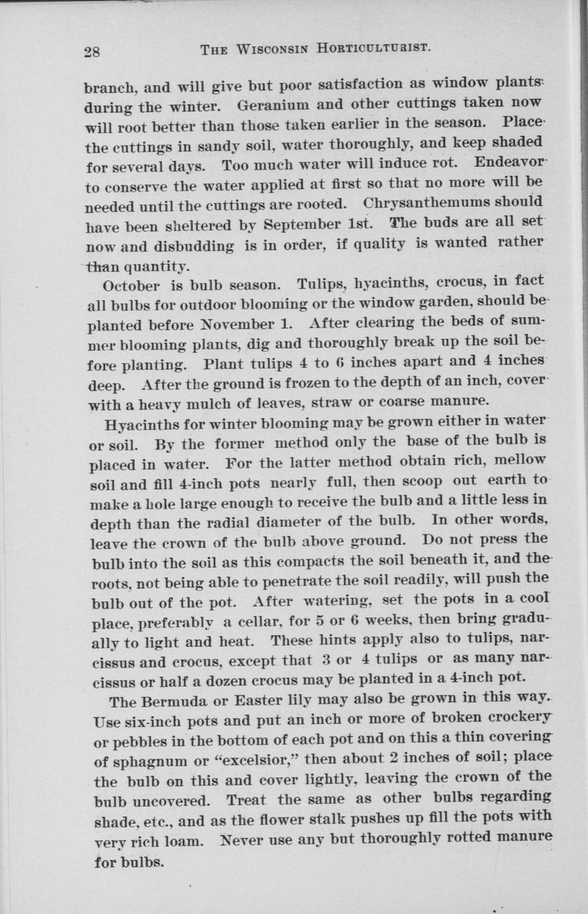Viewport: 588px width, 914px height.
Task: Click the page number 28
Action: (92, 52)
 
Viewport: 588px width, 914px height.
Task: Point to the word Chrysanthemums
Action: (433, 203)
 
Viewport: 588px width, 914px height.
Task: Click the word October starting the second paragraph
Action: (131, 287)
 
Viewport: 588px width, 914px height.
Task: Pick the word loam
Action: (180, 842)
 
